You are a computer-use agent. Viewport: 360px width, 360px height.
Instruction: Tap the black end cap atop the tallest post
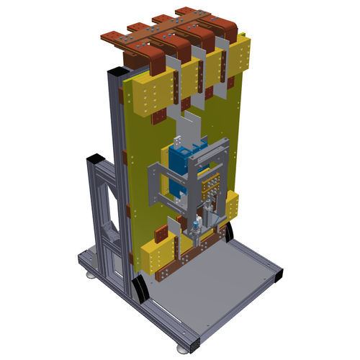click(x=117, y=72)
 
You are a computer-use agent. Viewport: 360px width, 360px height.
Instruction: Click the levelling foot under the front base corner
click(x=192, y=351)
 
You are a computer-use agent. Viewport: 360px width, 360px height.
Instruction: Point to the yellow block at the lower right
click(x=233, y=206)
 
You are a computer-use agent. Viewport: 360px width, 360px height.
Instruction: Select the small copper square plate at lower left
click(x=162, y=232)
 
